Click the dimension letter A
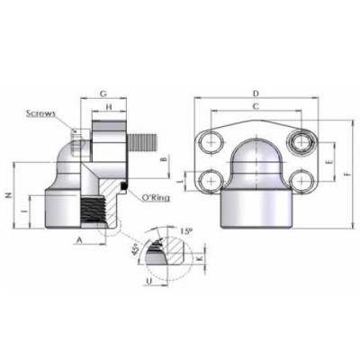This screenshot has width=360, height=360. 80,241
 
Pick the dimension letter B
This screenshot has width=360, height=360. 163,160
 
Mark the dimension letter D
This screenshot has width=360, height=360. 256,94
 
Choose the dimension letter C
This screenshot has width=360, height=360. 256,107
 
